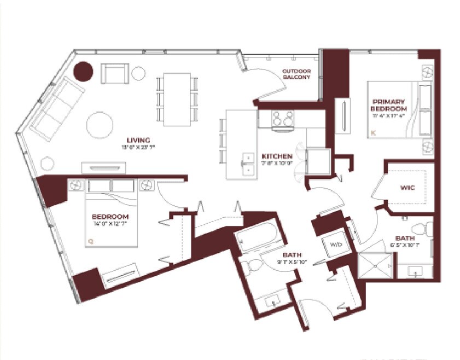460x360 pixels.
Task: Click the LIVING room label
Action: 137,140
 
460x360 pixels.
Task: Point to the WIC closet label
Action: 407,188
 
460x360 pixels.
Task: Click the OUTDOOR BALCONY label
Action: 296,74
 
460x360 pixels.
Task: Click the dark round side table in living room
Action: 83,71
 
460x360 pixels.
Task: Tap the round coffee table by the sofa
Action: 100,125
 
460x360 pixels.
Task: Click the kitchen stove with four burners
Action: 282,119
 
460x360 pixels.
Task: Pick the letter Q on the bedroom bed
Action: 91,239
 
